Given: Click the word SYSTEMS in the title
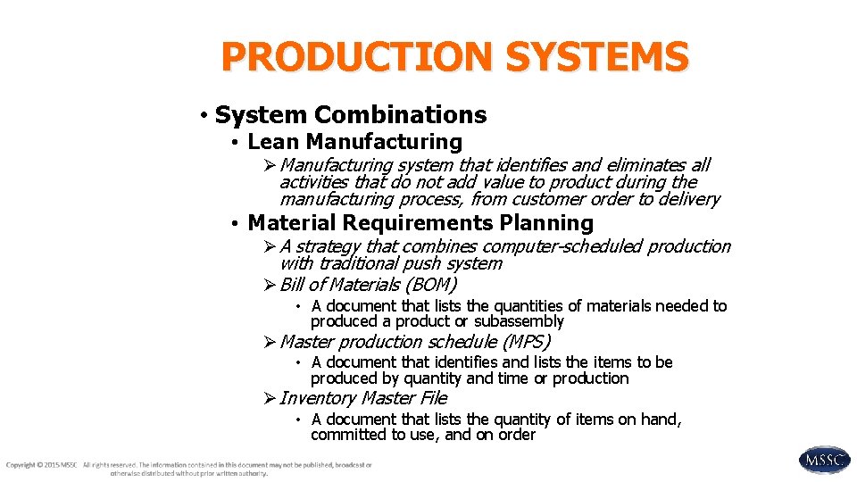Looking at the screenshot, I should tap(597, 57).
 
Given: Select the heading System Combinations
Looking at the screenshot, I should tap(351, 115).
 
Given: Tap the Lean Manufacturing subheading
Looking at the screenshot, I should tap(354, 142).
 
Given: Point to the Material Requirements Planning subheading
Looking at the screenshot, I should tap(420, 223).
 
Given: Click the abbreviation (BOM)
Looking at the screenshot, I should tap(431, 286).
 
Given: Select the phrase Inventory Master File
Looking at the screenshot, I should tap(363, 398).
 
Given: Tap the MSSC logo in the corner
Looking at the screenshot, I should tap(824, 460).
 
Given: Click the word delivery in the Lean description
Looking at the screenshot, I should tap(688, 200).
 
